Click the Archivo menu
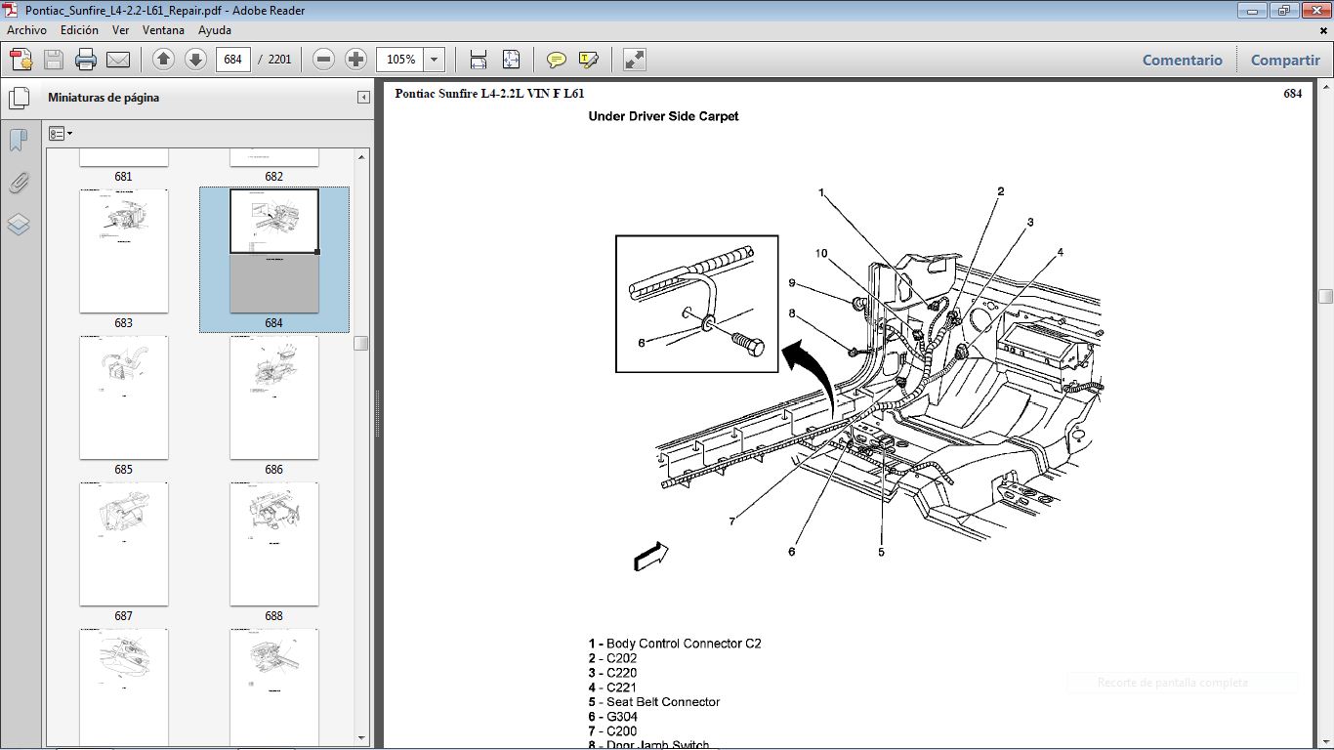coord(26,30)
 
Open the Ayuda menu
coord(214,30)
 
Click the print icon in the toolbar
coord(86,60)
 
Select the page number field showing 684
coord(232,60)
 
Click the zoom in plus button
coord(355,60)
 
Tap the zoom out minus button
coord(324,60)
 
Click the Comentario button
coord(1182,60)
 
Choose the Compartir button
coord(1285,60)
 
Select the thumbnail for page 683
coord(123,251)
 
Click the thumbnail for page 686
coord(273,397)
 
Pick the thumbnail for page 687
coord(123,544)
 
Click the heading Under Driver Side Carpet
coord(663,116)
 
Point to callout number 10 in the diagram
coord(821,254)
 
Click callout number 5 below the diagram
coord(881,552)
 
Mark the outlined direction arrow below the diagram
coord(651,556)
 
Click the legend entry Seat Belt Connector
coord(662,702)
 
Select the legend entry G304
coord(621,717)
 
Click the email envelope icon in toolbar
coord(118,60)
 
